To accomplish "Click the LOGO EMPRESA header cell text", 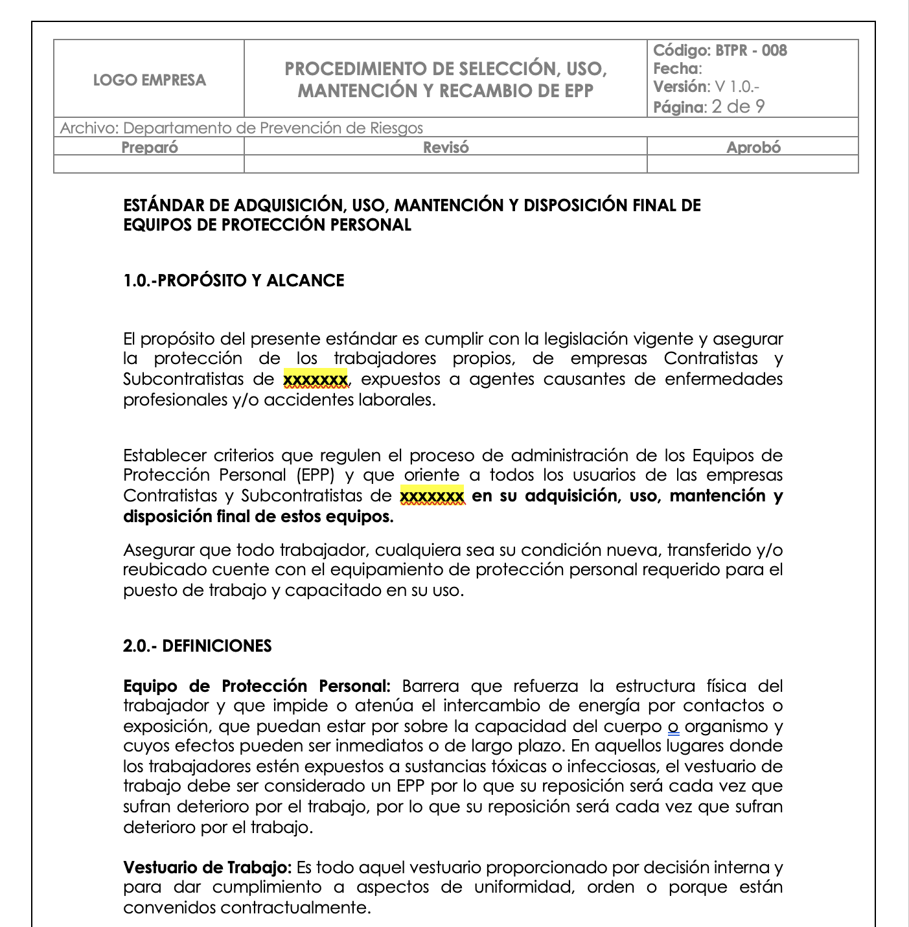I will click(x=150, y=80).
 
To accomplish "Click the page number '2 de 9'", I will click(x=737, y=107).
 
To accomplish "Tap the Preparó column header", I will click(x=150, y=147).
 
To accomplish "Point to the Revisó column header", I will click(x=446, y=147).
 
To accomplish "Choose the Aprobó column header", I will click(x=753, y=147).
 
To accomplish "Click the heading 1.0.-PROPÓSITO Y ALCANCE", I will click(x=234, y=280).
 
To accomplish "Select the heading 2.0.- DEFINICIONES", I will click(x=198, y=646).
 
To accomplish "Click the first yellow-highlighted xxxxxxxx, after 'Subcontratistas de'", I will click(x=316, y=379).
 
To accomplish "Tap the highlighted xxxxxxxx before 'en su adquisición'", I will click(x=432, y=496).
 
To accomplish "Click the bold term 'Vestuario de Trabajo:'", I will click(x=207, y=867).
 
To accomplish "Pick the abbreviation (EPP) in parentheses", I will click(x=316, y=475).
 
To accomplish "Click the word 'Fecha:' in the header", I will click(x=677, y=69).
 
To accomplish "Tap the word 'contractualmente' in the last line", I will click(x=295, y=908).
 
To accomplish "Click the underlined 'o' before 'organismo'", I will click(x=673, y=727).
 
